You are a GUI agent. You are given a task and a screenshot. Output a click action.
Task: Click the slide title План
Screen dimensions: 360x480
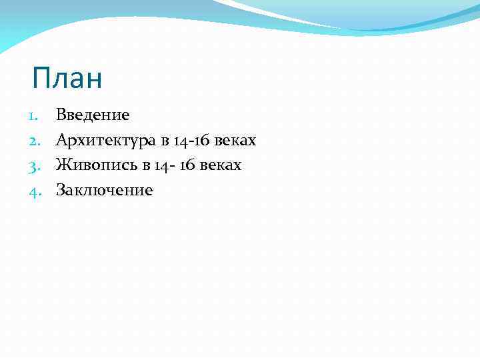[67, 79]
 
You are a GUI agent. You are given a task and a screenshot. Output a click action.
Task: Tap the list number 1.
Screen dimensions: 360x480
[34, 115]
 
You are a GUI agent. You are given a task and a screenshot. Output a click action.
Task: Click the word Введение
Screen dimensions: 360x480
[93, 115]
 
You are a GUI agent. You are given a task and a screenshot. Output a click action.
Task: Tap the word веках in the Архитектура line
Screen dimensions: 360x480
[235, 141]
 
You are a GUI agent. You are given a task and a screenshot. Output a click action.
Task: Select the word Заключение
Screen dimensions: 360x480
[105, 191]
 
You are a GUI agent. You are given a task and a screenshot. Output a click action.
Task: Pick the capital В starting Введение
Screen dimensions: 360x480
[61, 115]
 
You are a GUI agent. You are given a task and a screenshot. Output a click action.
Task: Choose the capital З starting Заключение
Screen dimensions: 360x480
[61, 191]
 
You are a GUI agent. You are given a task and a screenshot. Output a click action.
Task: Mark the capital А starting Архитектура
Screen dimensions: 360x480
[62, 141]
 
